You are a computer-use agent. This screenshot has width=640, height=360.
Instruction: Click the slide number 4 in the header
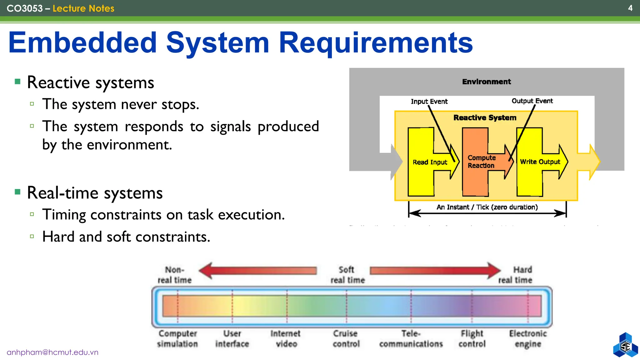point(630,8)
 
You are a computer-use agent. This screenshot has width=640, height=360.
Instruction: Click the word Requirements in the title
point(376,43)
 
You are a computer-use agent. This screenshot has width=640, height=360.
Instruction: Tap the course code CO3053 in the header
point(25,8)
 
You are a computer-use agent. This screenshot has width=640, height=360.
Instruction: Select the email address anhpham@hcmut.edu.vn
point(52,352)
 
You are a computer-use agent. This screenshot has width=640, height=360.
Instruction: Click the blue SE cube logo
point(625,346)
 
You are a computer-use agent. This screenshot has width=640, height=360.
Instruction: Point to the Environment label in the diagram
point(486,82)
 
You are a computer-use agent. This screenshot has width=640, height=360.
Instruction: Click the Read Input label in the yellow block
point(430,162)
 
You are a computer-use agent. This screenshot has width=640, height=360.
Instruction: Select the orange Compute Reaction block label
point(481,162)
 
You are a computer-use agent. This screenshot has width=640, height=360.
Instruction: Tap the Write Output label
point(540,162)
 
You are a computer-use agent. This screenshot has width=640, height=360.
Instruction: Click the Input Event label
point(429,102)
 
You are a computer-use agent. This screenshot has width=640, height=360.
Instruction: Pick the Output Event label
point(532,101)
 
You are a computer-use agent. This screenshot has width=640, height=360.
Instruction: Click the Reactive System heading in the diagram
point(485,118)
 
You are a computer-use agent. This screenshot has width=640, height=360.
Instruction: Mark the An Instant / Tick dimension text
point(487,207)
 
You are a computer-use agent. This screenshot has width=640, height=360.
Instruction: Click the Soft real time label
point(347,275)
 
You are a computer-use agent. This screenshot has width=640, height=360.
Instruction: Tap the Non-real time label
point(174,275)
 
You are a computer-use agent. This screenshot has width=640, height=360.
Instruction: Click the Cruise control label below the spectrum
point(346,338)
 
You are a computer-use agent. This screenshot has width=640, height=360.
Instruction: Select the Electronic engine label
point(528,338)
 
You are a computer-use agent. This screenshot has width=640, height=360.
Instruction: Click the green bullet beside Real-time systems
point(17,192)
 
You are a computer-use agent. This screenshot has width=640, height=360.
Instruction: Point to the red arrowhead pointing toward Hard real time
point(494,270)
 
